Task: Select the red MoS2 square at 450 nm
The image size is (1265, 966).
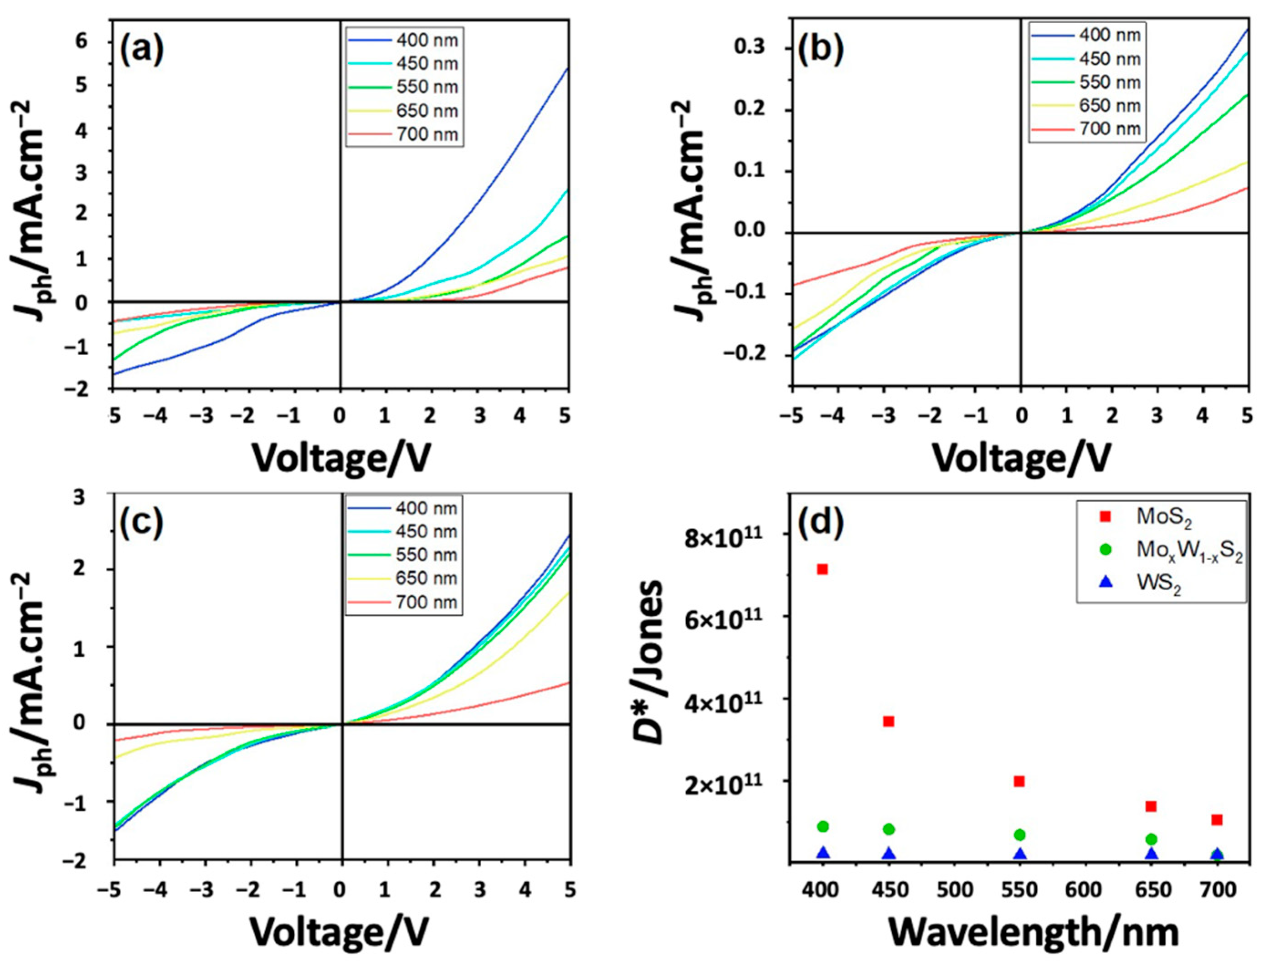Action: tap(888, 721)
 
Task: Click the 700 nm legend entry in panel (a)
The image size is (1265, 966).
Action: tap(426, 134)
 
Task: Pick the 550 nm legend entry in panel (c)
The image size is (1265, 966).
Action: tap(426, 555)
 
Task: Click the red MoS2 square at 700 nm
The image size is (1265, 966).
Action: tap(1217, 819)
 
